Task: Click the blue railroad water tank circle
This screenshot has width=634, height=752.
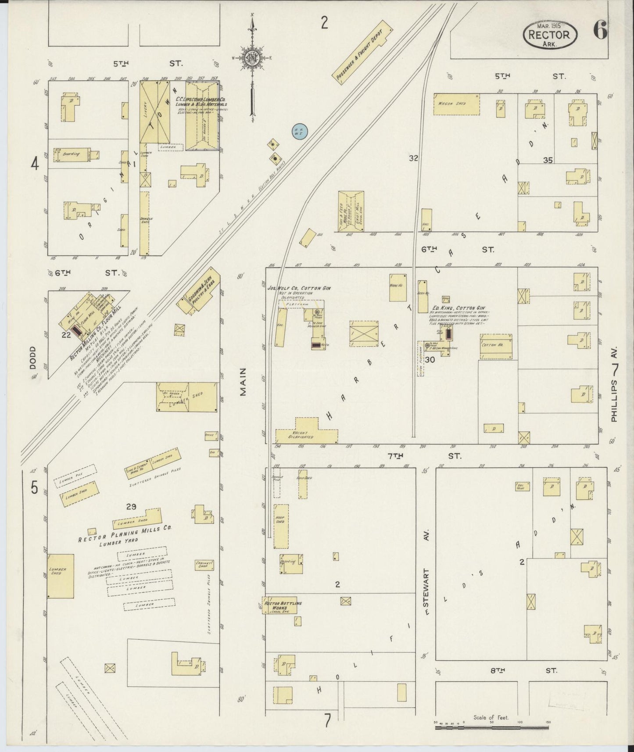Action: (300, 131)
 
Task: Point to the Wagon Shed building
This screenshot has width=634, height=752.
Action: (456, 104)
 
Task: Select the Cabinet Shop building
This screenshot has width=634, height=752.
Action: (204, 565)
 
